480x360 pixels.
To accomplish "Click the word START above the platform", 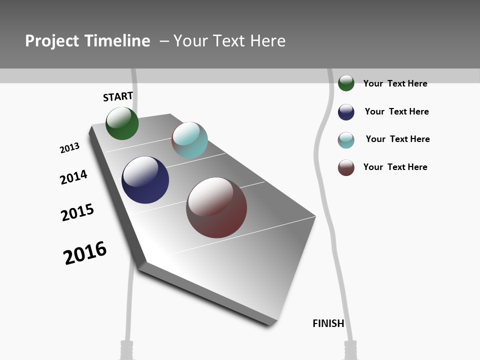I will [x=118, y=96].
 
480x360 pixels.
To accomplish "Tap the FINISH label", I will [x=328, y=323].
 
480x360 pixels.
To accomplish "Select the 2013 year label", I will [x=69, y=148].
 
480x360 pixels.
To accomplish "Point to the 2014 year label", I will [x=73, y=177].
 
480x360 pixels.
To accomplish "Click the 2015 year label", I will [x=77, y=212].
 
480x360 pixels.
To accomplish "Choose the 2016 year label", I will [x=85, y=253].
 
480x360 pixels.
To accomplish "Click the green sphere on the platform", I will [x=122, y=123].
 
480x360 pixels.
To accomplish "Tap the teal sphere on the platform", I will [x=189, y=140].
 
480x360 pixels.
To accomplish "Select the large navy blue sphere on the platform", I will [x=145, y=180].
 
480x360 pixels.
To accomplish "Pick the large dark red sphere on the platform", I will [x=216, y=207].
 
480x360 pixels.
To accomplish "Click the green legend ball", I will [x=346, y=83].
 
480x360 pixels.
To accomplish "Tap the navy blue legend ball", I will [x=346, y=112].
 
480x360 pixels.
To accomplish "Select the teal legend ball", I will [x=346, y=140].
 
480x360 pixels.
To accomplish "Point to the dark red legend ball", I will [x=346, y=167].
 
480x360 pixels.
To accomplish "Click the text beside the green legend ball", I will [x=395, y=83].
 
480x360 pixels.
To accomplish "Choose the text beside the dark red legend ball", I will [x=395, y=167].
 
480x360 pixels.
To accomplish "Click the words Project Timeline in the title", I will [x=87, y=41].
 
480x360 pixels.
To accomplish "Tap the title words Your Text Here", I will [x=229, y=41].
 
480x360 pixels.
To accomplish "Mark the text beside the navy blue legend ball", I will [x=396, y=111].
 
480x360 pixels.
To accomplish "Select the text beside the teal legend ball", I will [x=397, y=139].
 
